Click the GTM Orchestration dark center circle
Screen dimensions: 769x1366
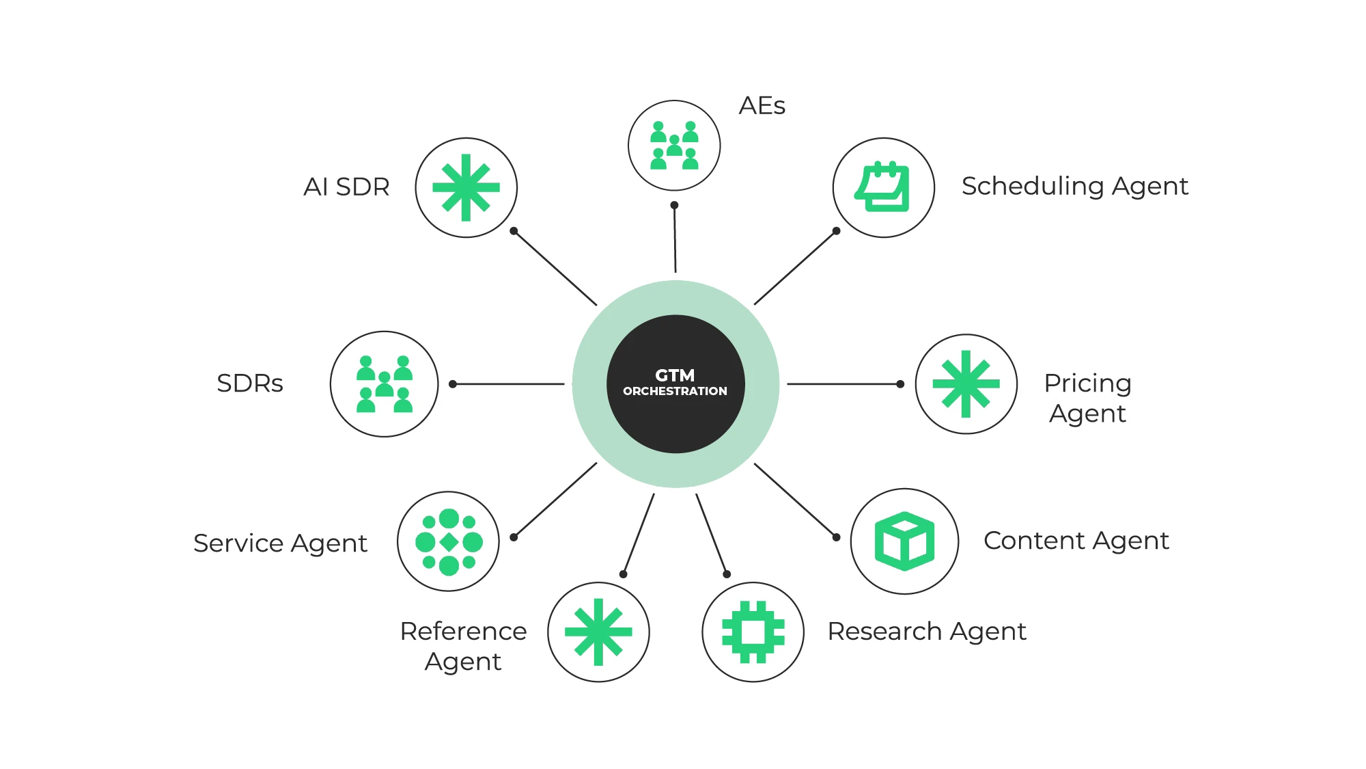(675, 383)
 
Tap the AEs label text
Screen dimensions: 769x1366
(762, 106)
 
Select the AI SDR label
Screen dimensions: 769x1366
(346, 187)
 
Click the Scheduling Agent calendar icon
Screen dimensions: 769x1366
(883, 187)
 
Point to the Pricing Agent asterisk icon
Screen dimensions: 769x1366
(966, 384)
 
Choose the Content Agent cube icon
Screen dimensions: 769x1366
(904, 541)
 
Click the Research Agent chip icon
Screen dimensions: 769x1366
(753, 632)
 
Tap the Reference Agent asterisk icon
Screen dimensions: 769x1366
(598, 632)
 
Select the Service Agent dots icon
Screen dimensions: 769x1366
(449, 541)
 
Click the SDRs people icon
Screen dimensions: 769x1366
(385, 384)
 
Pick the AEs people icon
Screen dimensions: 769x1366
(674, 146)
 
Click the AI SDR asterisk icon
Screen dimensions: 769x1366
(466, 187)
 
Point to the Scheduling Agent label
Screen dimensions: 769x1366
(1074, 186)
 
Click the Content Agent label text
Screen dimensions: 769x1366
(1076, 541)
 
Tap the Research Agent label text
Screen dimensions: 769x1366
(926, 632)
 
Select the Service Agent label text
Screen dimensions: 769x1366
(280, 543)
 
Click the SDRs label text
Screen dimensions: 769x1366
(249, 383)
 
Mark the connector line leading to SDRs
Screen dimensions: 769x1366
(509, 384)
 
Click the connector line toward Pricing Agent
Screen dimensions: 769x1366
(844, 384)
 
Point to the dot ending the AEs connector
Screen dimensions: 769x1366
(674, 205)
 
